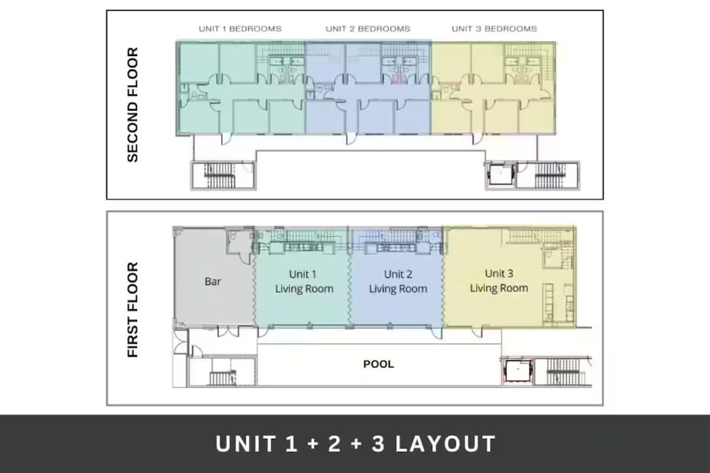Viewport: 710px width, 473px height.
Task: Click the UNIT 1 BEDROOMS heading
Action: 240,29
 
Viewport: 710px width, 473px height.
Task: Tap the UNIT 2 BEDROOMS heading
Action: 368,29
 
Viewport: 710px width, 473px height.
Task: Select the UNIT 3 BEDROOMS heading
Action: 494,29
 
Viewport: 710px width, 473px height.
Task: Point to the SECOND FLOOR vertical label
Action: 132,104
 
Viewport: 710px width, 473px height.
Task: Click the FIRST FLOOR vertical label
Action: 132,310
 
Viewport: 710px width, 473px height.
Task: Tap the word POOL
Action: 378,364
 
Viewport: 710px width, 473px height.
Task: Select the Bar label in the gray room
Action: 212,282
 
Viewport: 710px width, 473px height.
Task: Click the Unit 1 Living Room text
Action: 304,282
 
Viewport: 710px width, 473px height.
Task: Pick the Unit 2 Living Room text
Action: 398,282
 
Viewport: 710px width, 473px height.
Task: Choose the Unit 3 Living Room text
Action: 498,280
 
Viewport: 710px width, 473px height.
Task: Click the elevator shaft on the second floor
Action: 501,174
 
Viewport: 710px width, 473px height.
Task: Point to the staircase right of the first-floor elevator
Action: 562,372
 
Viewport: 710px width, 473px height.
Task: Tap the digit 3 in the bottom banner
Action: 378,444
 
